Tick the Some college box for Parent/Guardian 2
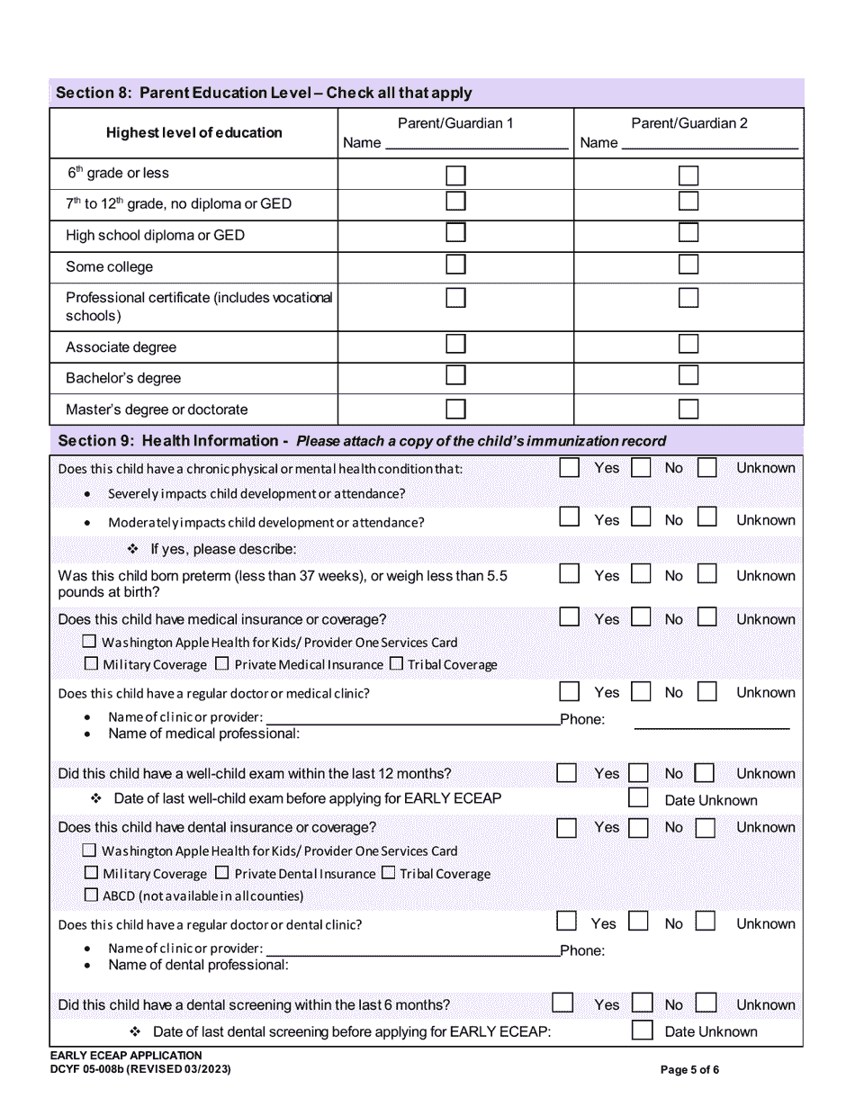pos(688,265)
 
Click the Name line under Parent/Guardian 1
pos(477,143)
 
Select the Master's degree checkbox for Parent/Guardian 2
pos(688,409)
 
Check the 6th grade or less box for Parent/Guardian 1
pos(456,175)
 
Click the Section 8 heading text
pos(264,94)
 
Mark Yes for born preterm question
pos(569,574)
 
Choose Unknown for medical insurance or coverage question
pos(707,617)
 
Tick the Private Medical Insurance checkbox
pos(220,664)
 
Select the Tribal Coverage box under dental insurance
pos(388,873)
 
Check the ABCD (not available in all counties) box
pos(90,895)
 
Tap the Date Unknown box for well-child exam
pos(638,798)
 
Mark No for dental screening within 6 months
pos(642,1003)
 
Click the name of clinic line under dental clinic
pos(412,950)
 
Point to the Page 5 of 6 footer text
pos(689,1070)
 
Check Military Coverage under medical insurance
pos(91,664)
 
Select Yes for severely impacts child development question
pos(569,468)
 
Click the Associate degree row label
pos(121,347)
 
